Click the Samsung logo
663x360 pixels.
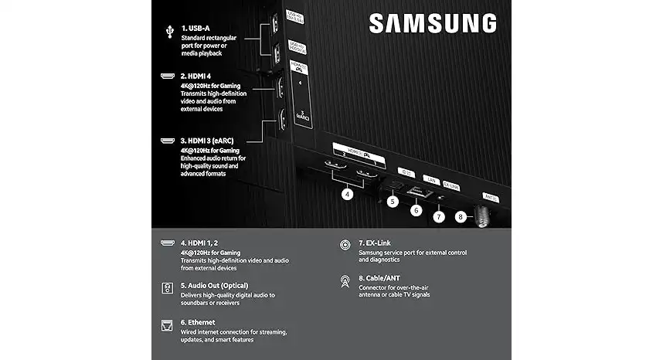pos(432,23)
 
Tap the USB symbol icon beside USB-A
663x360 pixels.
pos(168,31)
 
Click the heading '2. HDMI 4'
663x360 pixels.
pos(201,76)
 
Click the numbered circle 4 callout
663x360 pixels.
pos(348,195)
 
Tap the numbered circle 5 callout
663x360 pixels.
pos(393,202)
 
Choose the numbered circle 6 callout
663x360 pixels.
pos(416,209)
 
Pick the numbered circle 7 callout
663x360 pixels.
pos(439,216)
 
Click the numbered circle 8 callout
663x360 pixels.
pos(461,218)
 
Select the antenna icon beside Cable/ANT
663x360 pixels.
pos(345,281)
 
